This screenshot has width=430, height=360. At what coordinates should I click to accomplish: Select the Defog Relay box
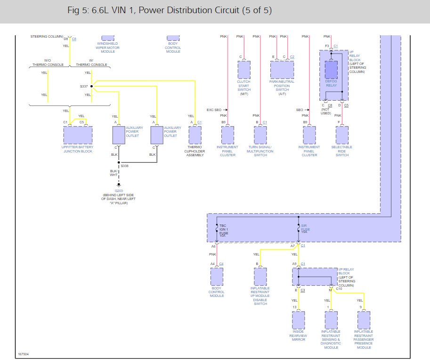(332, 70)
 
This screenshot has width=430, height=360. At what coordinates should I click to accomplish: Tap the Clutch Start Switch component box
(244, 70)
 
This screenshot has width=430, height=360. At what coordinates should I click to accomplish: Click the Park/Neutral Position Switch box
(282, 70)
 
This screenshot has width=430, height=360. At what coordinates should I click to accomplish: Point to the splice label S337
(84, 87)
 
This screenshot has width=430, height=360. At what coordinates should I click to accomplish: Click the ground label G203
(119, 191)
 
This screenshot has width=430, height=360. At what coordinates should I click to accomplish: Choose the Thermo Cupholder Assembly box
(195, 135)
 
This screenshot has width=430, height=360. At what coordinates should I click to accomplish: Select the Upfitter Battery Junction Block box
(77, 135)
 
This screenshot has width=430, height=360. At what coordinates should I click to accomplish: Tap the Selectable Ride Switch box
(342, 135)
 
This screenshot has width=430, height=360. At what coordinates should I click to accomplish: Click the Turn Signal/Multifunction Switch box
(260, 135)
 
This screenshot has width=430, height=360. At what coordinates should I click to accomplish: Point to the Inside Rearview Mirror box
(298, 320)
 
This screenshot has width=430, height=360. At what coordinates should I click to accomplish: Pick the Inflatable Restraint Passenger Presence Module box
(364, 320)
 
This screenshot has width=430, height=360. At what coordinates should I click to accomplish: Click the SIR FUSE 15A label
(305, 229)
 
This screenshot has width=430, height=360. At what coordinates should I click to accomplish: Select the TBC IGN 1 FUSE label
(224, 229)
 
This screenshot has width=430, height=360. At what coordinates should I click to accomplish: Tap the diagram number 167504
(23, 354)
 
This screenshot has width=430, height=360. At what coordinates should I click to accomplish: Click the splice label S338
(124, 166)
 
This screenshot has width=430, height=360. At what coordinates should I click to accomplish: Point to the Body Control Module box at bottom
(217, 276)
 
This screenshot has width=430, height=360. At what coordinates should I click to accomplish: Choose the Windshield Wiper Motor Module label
(108, 48)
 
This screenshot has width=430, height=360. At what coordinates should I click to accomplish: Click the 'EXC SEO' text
(214, 110)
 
